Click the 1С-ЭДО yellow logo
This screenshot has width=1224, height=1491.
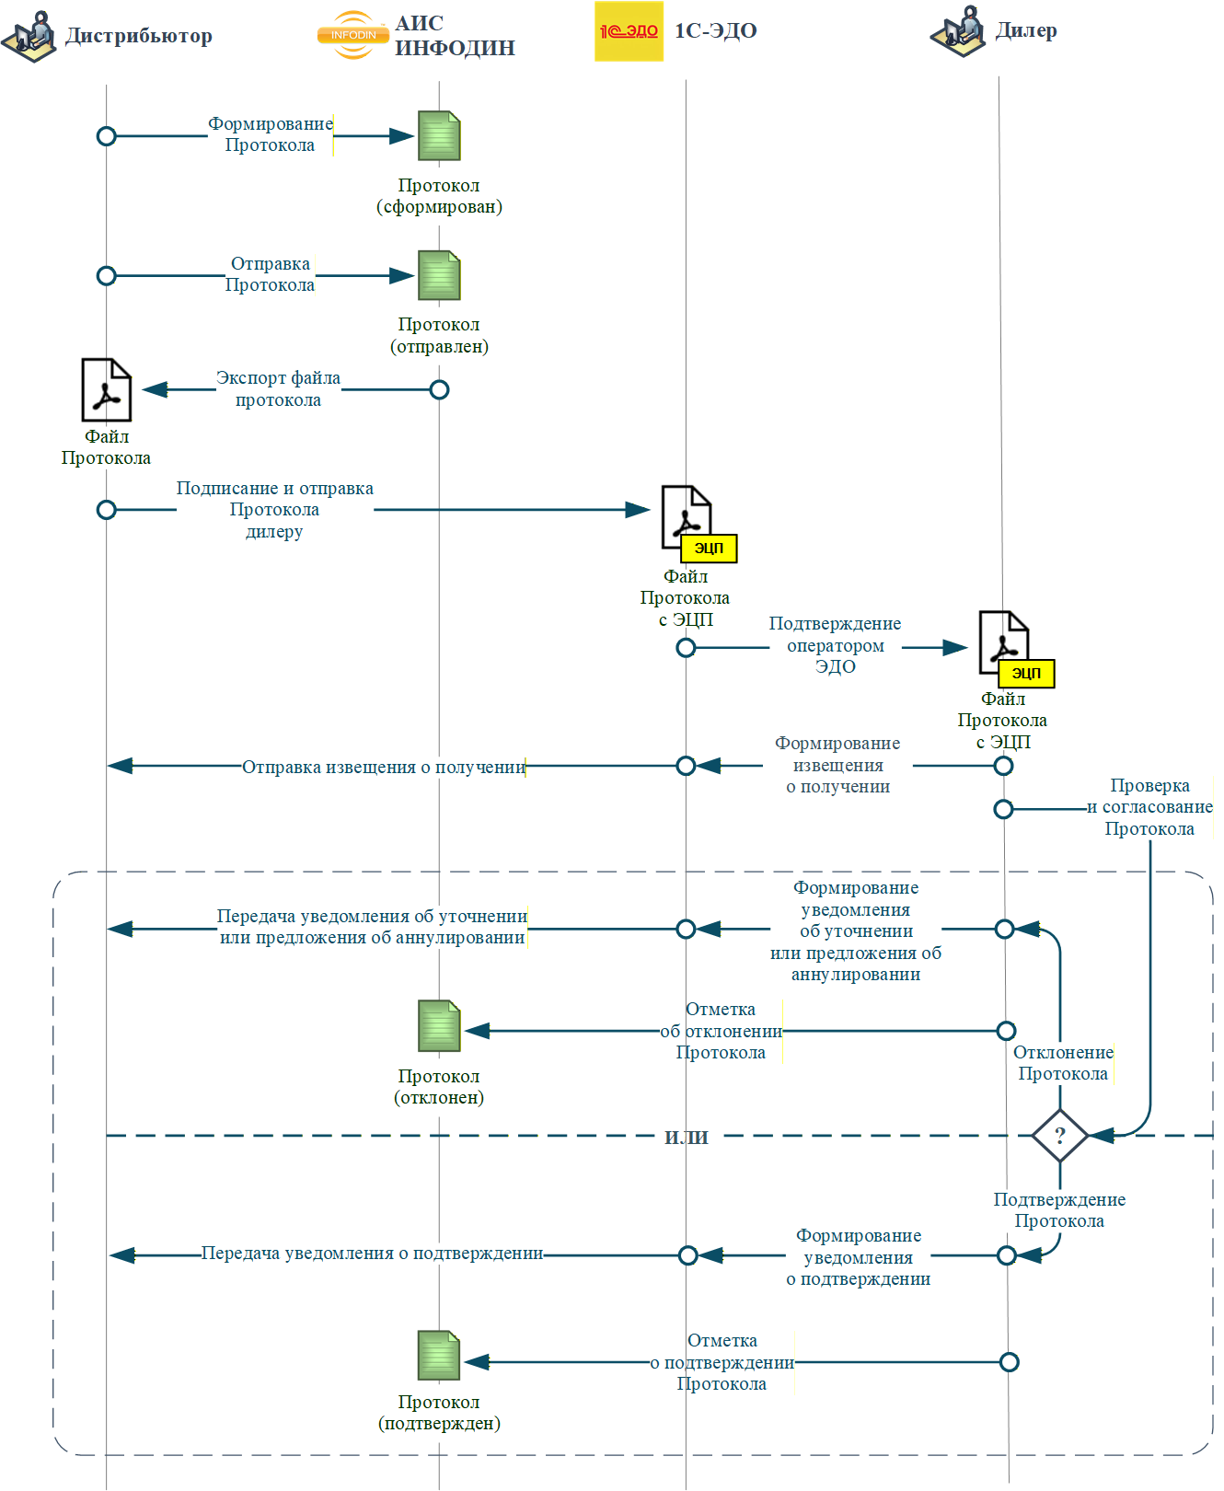click(x=629, y=31)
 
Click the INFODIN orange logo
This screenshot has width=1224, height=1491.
click(x=353, y=35)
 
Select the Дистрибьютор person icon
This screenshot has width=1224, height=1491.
click(x=29, y=36)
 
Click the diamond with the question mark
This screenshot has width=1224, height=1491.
click(x=1060, y=1136)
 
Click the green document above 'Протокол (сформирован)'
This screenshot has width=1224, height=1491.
click(x=439, y=135)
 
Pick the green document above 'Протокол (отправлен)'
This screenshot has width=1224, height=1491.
click(x=439, y=275)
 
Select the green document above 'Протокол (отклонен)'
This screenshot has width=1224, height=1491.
click(x=439, y=1025)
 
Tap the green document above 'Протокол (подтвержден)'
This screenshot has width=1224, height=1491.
click(x=439, y=1355)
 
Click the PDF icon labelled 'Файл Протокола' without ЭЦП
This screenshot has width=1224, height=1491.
click(x=107, y=389)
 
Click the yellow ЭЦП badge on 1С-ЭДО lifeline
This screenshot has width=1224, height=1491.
click(x=709, y=548)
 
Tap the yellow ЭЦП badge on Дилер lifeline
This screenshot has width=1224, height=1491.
click(x=1026, y=673)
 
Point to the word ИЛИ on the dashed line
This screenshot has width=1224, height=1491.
click(x=687, y=1138)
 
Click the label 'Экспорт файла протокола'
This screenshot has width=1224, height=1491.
click(x=278, y=388)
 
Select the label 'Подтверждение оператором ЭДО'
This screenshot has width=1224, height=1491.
click(x=836, y=644)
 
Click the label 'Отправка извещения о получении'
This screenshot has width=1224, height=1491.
click(x=384, y=767)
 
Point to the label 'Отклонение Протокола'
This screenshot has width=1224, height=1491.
click(x=1063, y=1062)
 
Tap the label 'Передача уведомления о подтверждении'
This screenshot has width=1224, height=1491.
click(x=372, y=1253)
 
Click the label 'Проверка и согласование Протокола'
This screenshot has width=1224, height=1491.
click(x=1149, y=807)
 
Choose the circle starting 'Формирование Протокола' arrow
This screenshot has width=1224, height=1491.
click(x=107, y=136)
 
